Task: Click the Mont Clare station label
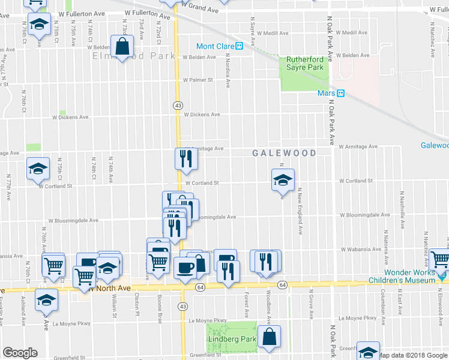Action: click(x=214, y=46)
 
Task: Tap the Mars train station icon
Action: click(x=340, y=94)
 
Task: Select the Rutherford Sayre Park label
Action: click(x=305, y=64)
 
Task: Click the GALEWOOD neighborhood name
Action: click(x=284, y=154)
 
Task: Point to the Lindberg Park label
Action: click(x=232, y=340)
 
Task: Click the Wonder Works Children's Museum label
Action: click(x=409, y=276)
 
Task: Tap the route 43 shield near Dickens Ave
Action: click(x=178, y=106)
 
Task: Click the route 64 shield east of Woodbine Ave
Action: click(x=283, y=284)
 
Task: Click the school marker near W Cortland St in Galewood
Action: click(x=282, y=179)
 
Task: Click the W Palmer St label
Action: click(x=198, y=80)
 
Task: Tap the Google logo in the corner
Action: click(x=20, y=353)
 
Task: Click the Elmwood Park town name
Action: click(x=133, y=56)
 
